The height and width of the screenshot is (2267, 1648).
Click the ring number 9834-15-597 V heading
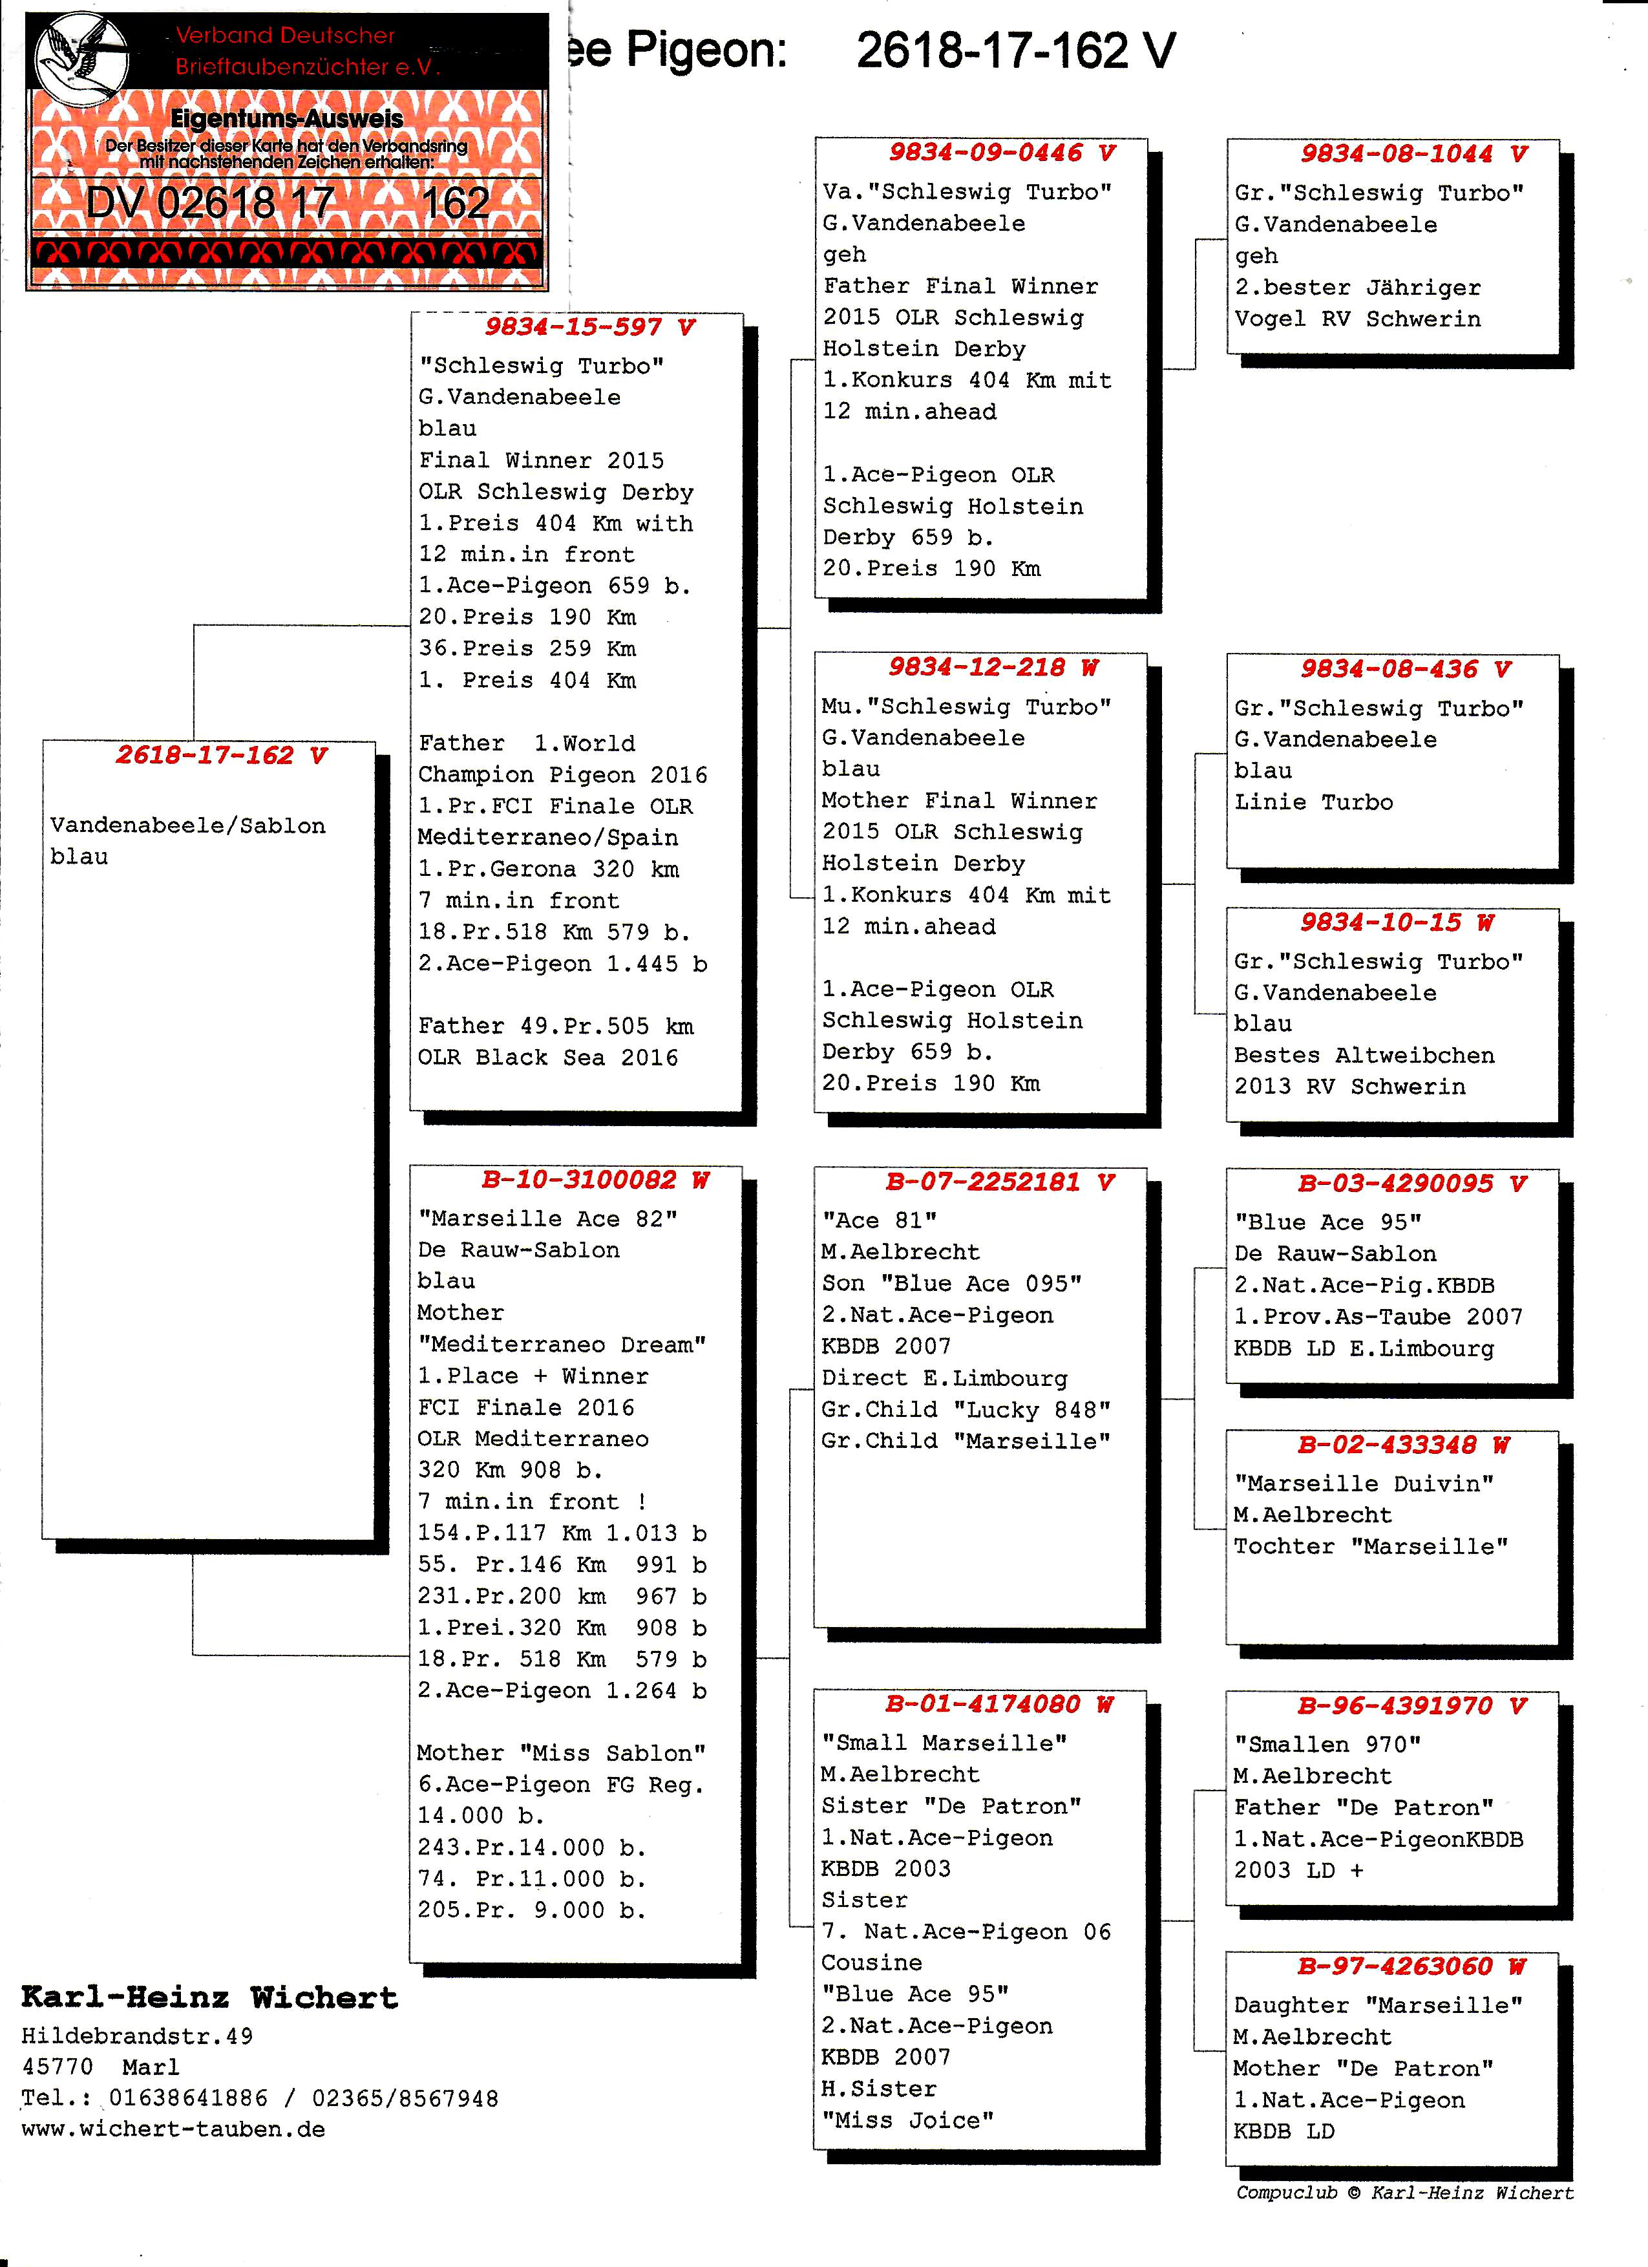coord(589,327)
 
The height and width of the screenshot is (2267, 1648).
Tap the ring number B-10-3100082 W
coord(595,1180)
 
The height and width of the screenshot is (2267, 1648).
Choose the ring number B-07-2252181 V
coord(999,1182)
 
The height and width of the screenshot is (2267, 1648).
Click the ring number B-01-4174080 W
coord(998,1703)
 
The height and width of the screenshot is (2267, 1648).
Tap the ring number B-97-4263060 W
coord(1411,1966)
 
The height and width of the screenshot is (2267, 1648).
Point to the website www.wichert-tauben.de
coord(173,2129)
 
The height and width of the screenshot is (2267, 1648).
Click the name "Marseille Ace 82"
coord(547,1219)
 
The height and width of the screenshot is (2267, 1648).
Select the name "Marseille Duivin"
coord(1363,1484)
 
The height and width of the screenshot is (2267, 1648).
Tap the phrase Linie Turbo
coord(1313,802)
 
